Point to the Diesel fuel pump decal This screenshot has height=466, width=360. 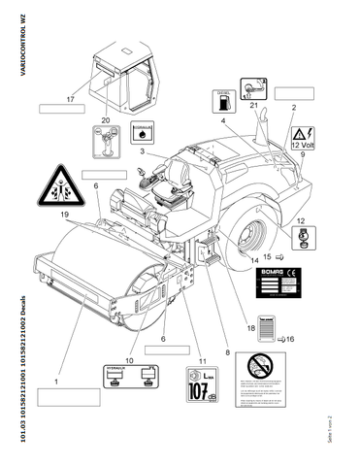tap(221, 101)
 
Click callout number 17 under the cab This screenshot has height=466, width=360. tap(70, 100)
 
